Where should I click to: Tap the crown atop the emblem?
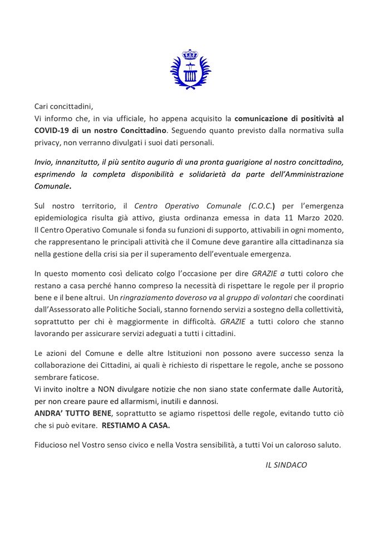(191, 55)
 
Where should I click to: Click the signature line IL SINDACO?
(286, 464)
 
